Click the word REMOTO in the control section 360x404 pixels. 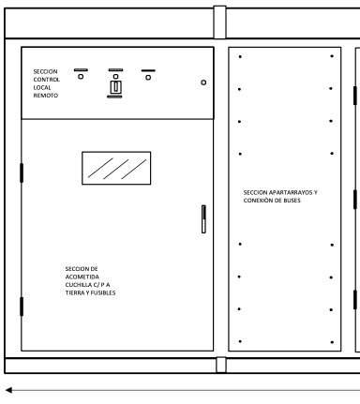46,96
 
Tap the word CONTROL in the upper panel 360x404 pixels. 46,80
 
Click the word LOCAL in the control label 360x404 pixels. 42,87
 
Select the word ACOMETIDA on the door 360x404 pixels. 82,277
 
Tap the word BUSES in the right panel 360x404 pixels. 292,201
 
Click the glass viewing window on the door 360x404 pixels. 116,168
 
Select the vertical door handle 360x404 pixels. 203,219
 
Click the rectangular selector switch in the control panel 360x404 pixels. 115,87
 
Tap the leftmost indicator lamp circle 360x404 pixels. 81,77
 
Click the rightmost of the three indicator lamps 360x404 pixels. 148,78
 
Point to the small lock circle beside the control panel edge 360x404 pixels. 203,82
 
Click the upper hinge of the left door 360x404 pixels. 22,172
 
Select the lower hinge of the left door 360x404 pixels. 22,307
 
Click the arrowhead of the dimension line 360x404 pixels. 8,390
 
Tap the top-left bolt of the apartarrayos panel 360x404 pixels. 240,57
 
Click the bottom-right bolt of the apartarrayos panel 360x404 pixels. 332,342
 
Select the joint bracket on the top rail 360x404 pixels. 219,22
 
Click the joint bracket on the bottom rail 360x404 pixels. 221,365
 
